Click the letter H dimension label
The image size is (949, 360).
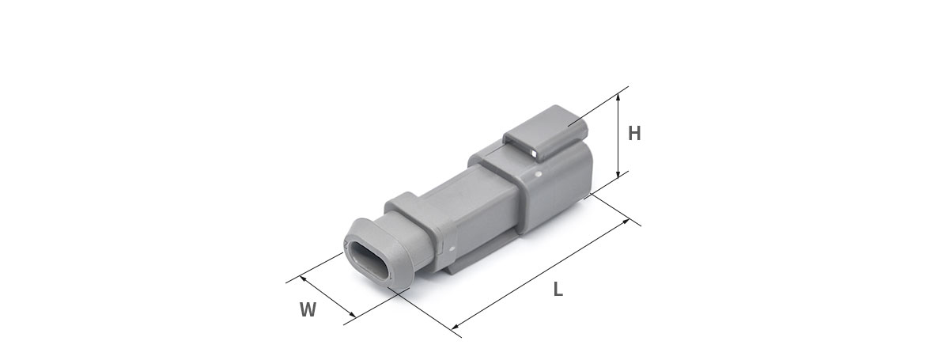click(634, 133)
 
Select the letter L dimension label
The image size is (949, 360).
click(558, 290)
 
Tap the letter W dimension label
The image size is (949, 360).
click(308, 309)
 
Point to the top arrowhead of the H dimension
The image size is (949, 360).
click(618, 97)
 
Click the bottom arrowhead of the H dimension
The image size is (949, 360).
click(618, 174)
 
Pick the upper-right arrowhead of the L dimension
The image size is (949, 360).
click(626, 222)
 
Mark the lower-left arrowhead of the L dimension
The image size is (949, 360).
click(456, 326)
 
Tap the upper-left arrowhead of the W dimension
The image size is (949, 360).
click(303, 279)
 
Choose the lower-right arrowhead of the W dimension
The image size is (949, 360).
click(352, 314)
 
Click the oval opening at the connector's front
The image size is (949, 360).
click(369, 261)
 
